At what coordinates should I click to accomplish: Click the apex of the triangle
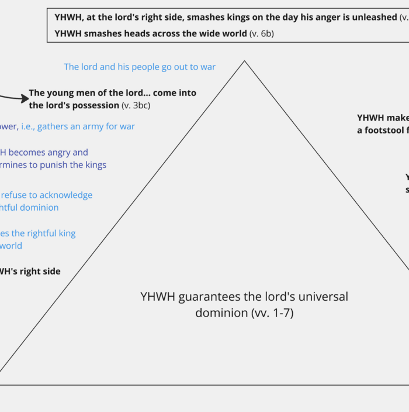pyautogui.click(x=245, y=61)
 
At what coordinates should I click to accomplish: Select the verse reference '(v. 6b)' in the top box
pyautogui.click(x=261, y=34)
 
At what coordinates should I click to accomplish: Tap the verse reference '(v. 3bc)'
pyautogui.click(x=138, y=105)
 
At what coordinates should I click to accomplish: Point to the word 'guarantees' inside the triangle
pyautogui.click(x=205, y=297)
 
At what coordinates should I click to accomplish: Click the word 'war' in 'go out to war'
pyautogui.click(x=207, y=67)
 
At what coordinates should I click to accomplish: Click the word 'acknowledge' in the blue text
pyautogui.click(x=63, y=195)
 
